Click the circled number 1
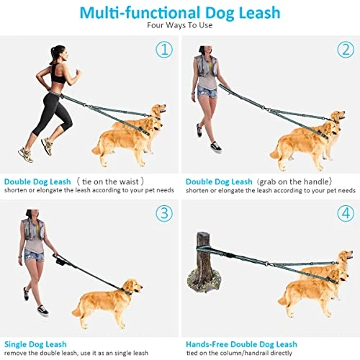coord(164,50)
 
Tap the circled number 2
coord(346,50)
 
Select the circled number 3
coord(164,213)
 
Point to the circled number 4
coord(346,213)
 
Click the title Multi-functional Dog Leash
coord(180,13)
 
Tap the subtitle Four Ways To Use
coord(180,25)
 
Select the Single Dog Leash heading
coord(35,344)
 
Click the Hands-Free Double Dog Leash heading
coord(241,344)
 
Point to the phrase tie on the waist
coord(110,181)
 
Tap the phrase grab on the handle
coord(294,181)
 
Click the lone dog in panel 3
coord(107,303)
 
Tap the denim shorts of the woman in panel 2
coord(207,91)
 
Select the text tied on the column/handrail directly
coord(239,353)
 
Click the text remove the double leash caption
coord(76,353)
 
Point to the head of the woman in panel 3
coord(32,215)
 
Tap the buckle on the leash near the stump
coord(230,255)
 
